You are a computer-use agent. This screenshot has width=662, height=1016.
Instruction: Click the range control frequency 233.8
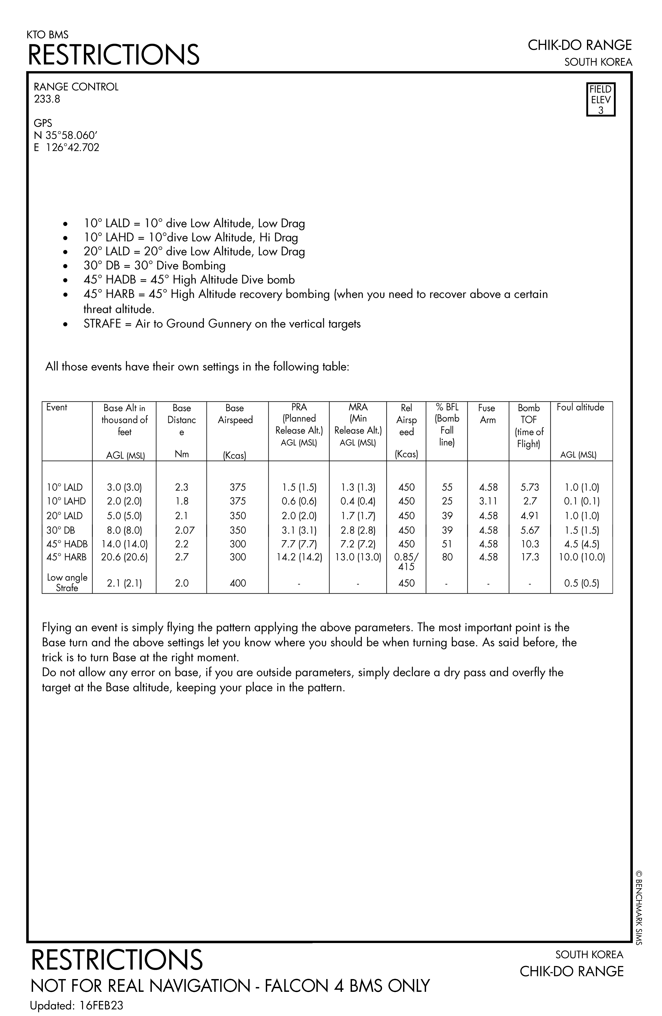47,99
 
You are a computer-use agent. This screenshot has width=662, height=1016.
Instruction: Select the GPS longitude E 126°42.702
67,148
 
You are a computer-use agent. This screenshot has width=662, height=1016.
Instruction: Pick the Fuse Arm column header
487,414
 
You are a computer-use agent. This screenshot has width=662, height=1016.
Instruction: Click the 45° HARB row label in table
67,557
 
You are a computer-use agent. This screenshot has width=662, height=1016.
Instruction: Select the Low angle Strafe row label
67,582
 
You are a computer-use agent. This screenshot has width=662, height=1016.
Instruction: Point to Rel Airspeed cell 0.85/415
406,562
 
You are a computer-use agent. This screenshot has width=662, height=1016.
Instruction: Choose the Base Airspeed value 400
238,583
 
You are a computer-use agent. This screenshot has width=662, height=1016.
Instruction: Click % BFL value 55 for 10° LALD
447,487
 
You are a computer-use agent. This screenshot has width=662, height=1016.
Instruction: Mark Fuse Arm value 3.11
488,501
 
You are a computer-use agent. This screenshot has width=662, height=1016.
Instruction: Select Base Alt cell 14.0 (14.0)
124,544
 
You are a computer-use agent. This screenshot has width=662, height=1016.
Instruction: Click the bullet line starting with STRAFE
222,324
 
